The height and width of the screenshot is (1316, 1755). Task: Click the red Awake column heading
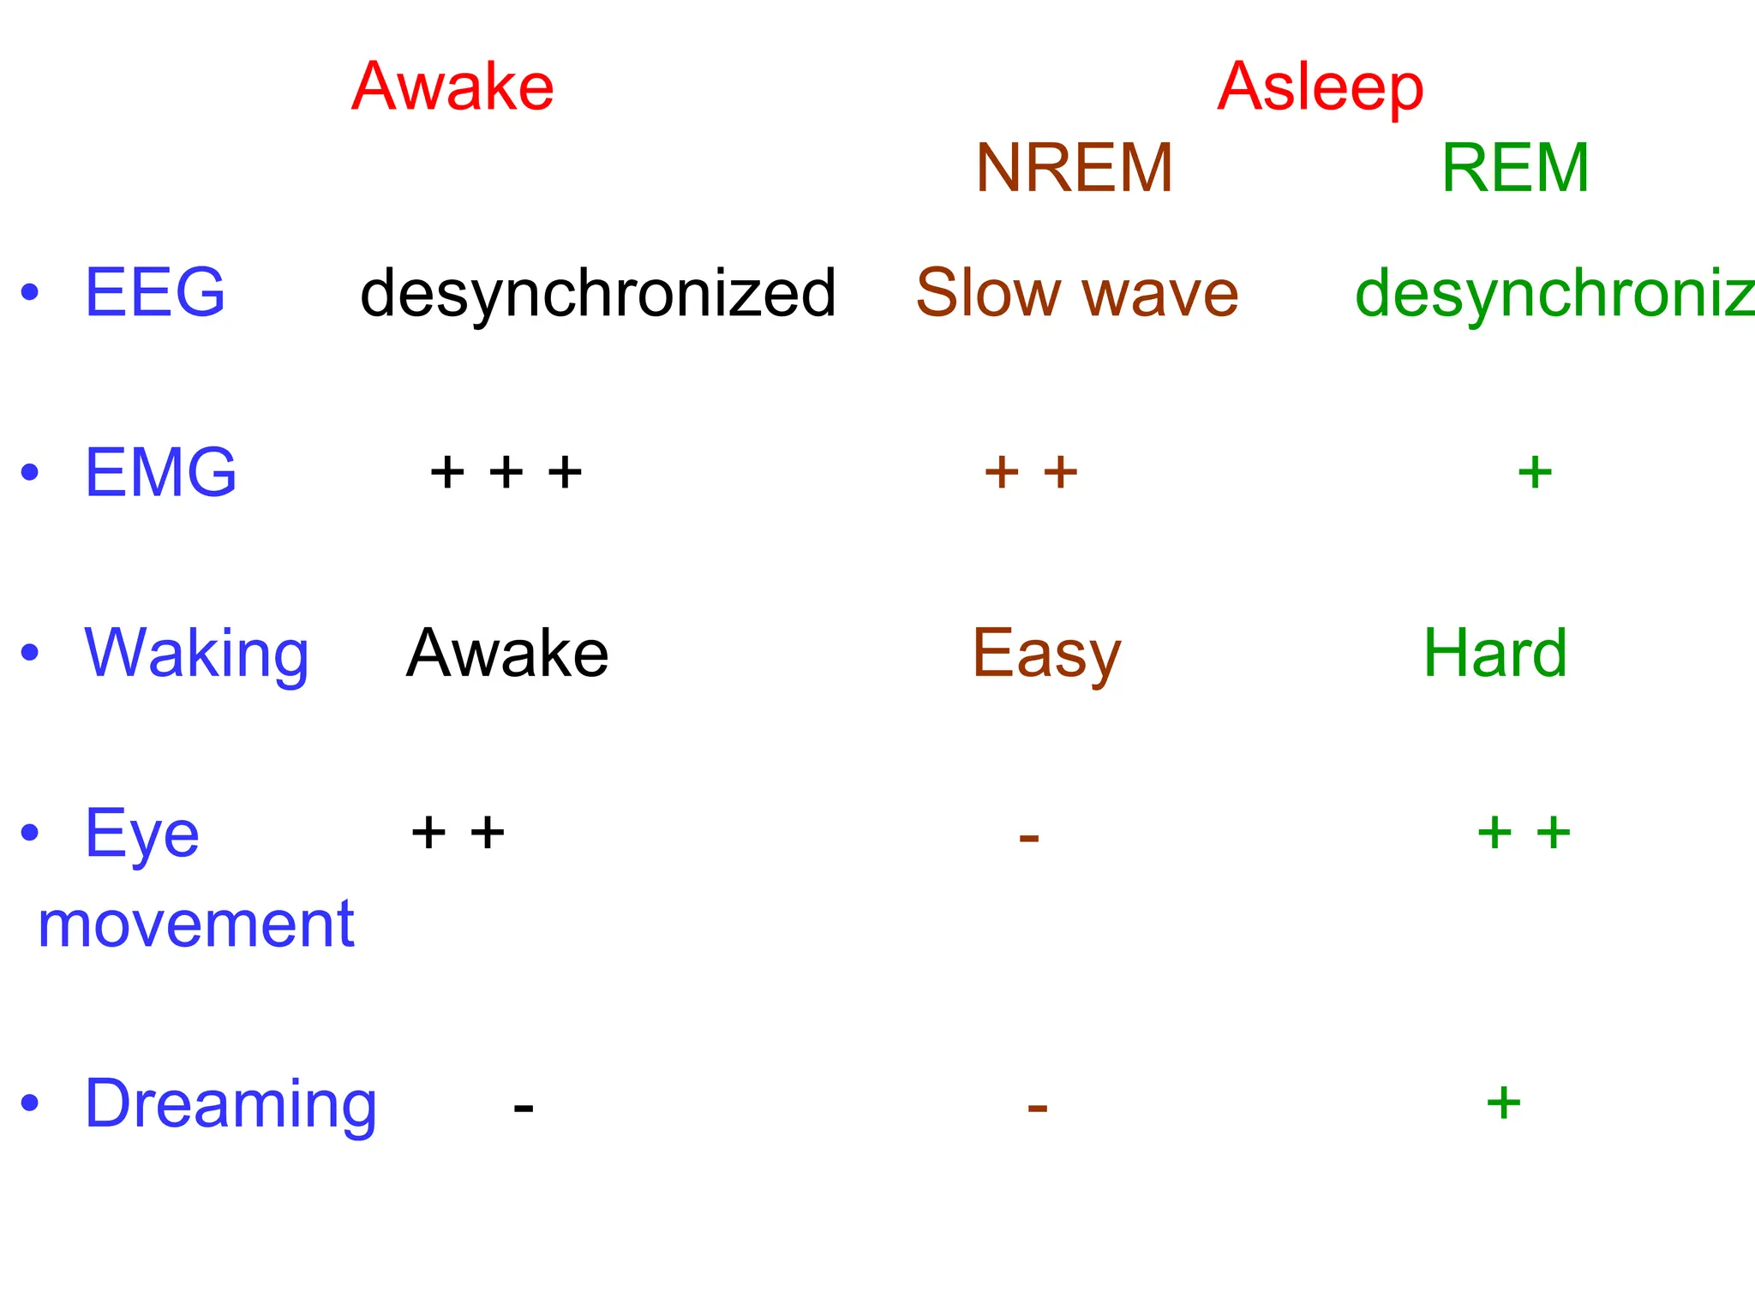click(452, 87)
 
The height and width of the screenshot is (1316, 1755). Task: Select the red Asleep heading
click(1320, 87)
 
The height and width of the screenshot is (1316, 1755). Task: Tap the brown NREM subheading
click(1074, 168)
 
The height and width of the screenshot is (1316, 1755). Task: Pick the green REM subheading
click(1515, 168)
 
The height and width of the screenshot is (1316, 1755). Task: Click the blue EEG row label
click(154, 292)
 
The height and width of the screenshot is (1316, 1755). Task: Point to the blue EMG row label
click(160, 472)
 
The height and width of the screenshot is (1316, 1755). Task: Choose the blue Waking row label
click(196, 653)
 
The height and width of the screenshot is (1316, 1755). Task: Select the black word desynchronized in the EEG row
click(597, 293)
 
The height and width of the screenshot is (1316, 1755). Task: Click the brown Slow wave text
click(1076, 293)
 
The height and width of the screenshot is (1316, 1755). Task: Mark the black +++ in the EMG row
click(506, 472)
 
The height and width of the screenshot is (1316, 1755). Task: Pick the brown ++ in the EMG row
click(1031, 472)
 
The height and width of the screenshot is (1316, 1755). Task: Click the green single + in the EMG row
click(1535, 472)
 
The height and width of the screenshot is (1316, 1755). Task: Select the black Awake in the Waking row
click(507, 653)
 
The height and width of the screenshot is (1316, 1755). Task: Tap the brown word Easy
click(1046, 655)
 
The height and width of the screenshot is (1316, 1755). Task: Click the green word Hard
click(1495, 653)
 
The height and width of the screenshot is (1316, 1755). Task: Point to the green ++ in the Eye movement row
click(1524, 833)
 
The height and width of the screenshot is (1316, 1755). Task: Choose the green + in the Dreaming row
click(1503, 1103)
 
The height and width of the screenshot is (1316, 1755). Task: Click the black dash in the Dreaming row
click(524, 1108)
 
